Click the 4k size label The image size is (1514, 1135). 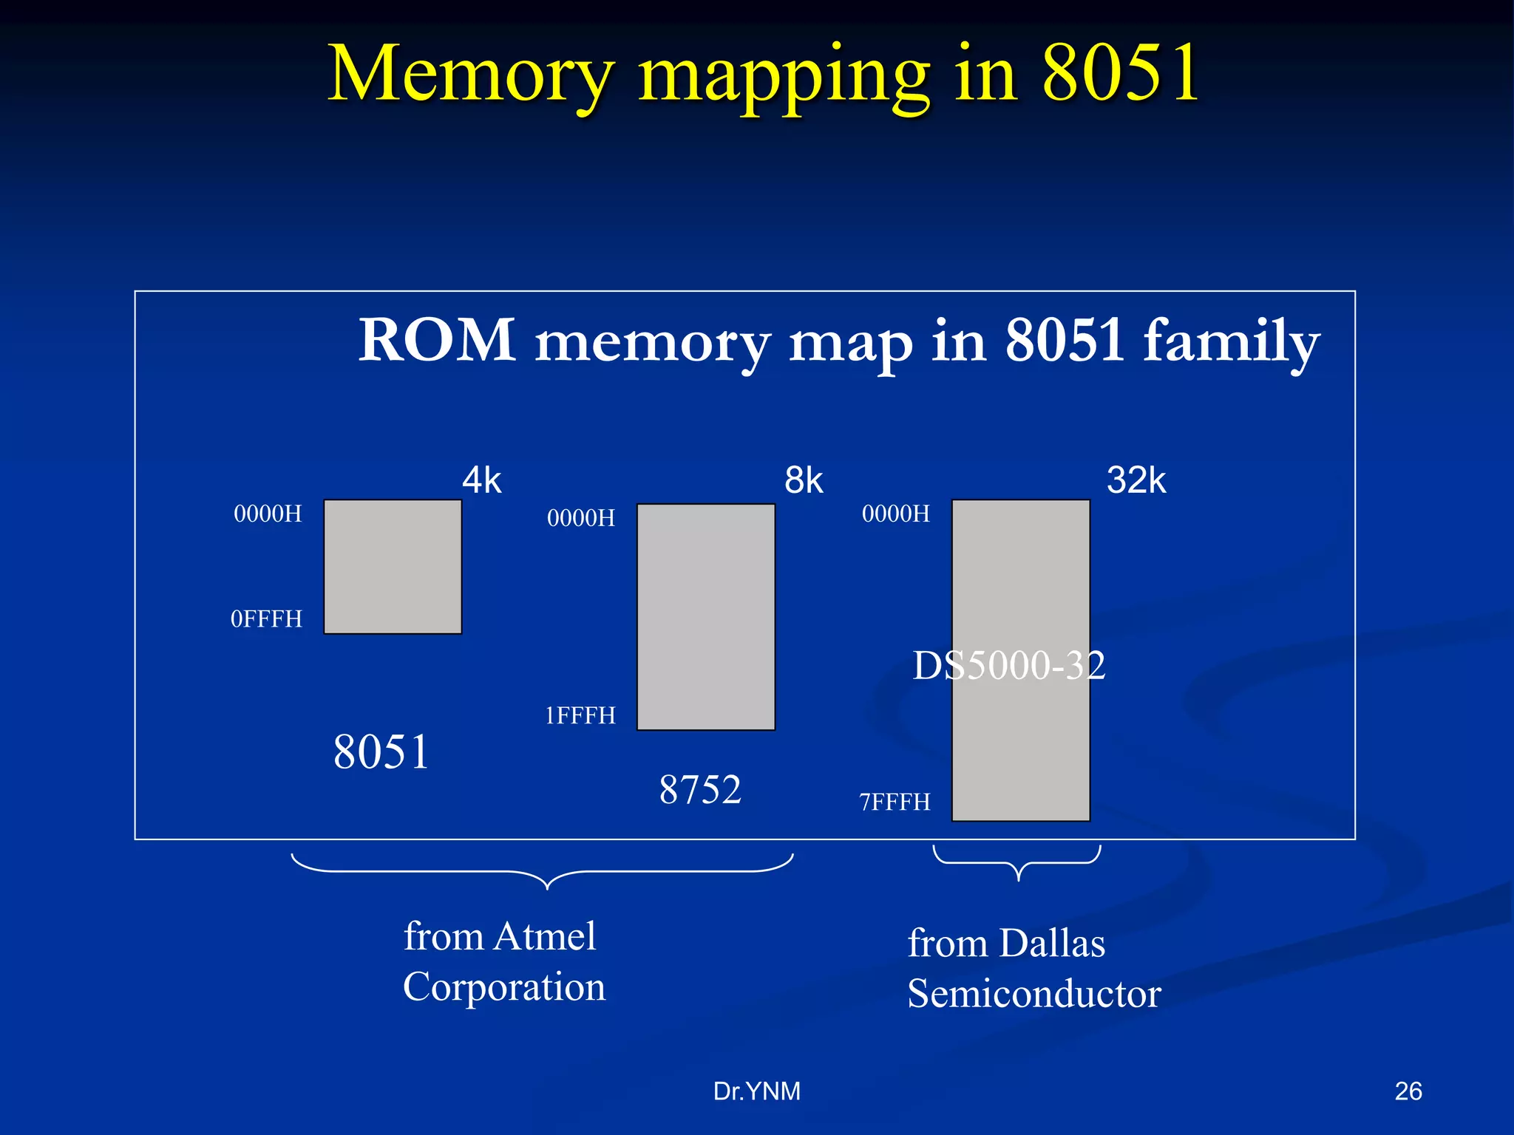click(481, 481)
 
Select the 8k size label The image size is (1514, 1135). click(804, 481)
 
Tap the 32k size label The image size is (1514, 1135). click(1136, 481)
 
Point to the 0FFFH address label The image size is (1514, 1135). click(266, 619)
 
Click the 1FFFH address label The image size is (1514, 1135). click(580, 716)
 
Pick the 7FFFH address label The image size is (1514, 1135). click(895, 802)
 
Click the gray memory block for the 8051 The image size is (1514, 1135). click(393, 567)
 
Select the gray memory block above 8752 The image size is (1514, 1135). click(706, 617)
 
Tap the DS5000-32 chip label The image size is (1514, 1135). click(1009, 666)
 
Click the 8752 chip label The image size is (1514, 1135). click(700, 790)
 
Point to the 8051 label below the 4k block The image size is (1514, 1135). click(381, 752)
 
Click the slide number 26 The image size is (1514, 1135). click(1408, 1091)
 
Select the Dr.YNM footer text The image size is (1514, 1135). click(756, 1091)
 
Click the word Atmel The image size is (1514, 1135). click(546, 936)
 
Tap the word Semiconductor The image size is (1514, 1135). click(1034, 994)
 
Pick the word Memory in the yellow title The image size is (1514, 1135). click(471, 74)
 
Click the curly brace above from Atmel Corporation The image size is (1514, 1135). click(543, 872)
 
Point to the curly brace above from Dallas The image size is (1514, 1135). click(1018, 863)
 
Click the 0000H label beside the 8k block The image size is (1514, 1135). click(581, 518)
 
